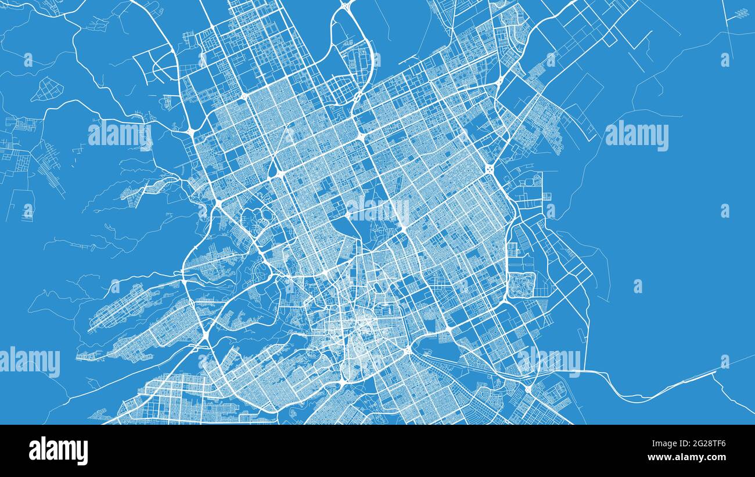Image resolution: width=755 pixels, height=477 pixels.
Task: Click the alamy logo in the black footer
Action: pos(58,451)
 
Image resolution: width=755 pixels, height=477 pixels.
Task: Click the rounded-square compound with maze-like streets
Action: pos(522,285)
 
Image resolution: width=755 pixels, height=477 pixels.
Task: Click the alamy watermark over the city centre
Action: pos(378,209)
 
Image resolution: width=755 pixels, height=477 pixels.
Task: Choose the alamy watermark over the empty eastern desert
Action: pos(637,135)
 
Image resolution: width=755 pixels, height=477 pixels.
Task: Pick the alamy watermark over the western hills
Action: pos(120,135)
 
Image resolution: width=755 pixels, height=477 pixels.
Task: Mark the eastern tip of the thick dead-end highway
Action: pos(714,372)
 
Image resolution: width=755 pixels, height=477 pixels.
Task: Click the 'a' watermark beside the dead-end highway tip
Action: pos(725,361)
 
